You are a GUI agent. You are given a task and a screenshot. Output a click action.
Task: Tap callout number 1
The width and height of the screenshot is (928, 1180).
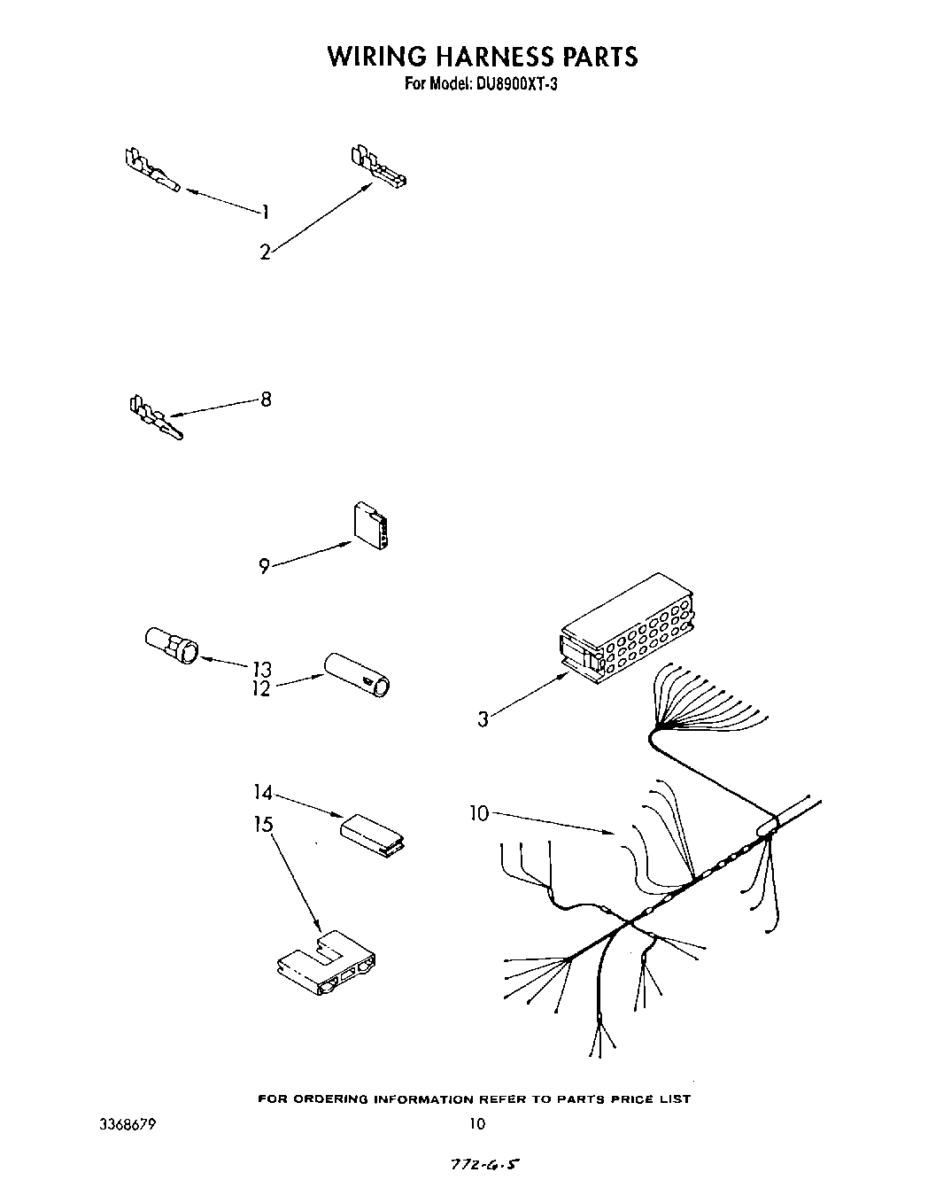click(x=264, y=212)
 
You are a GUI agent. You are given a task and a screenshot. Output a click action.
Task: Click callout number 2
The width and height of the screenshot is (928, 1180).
click(x=265, y=252)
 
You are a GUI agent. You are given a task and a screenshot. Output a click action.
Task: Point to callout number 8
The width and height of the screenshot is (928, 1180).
click(x=266, y=400)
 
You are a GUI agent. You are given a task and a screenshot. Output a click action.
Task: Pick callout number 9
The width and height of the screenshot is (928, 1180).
click(x=264, y=566)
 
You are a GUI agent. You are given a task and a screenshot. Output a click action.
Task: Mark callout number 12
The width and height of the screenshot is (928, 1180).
click(x=261, y=687)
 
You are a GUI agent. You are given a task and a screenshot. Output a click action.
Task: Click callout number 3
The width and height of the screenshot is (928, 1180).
click(x=483, y=719)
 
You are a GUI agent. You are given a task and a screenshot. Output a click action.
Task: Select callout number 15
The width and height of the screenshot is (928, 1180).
click(x=263, y=824)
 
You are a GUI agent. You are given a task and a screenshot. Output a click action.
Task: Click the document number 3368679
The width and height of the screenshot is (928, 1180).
click(x=128, y=1124)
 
